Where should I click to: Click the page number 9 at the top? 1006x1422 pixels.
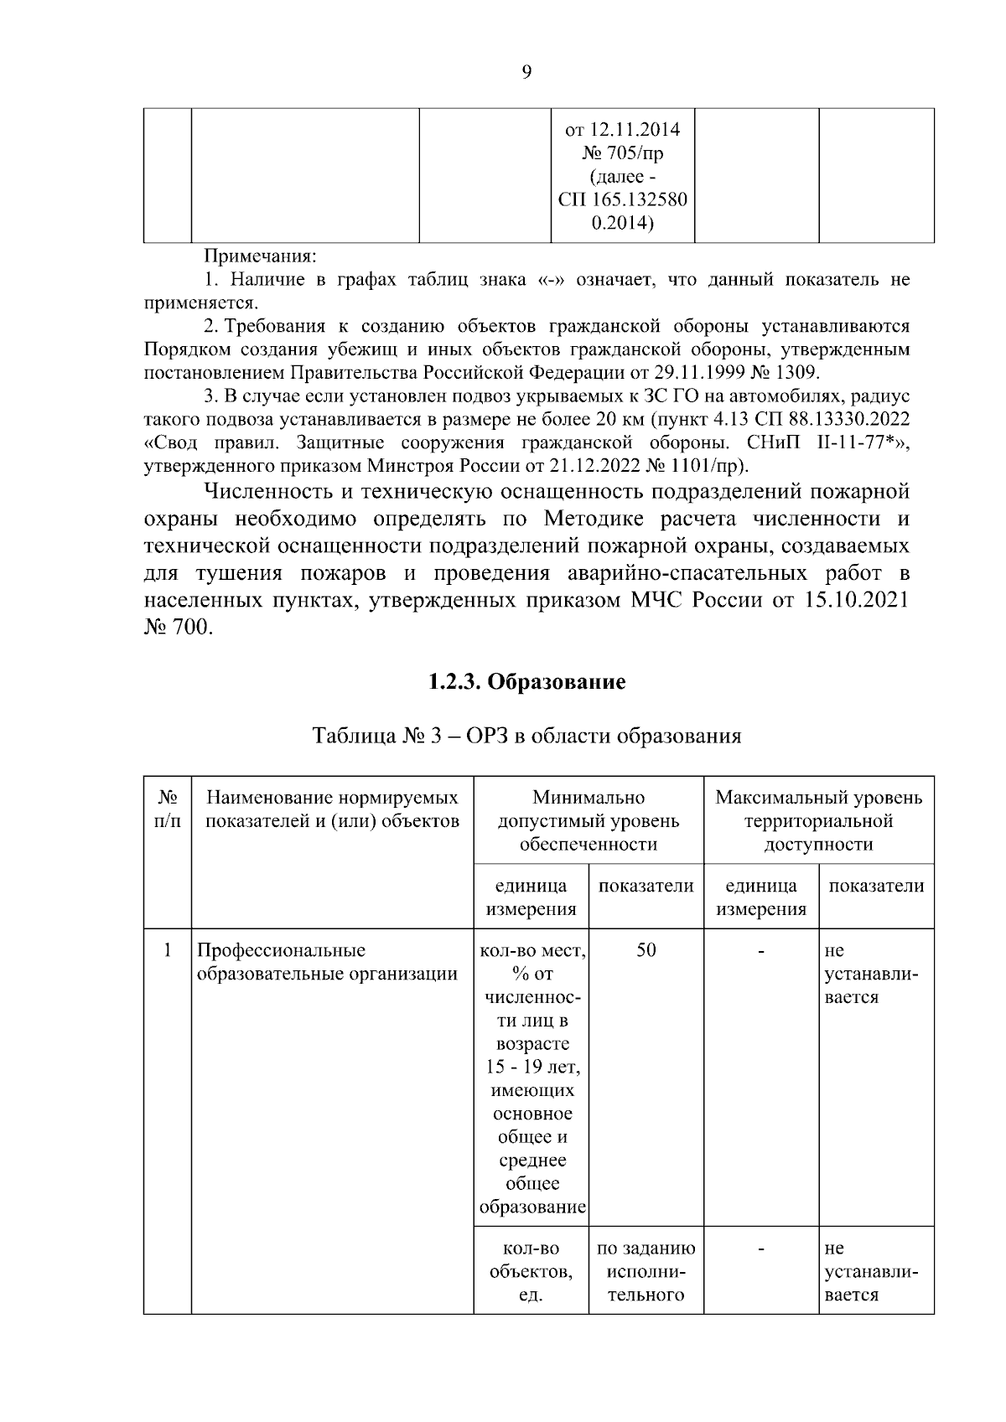click(x=526, y=72)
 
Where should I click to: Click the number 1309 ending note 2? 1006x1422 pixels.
click(x=799, y=372)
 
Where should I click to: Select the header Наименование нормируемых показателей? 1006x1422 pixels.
click(x=333, y=809)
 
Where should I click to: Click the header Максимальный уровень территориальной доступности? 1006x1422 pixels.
click(x=818, y=820)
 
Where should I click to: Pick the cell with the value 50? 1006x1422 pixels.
click(x=646, y=950)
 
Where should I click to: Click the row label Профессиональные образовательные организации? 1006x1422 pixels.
click(x=327, y=962)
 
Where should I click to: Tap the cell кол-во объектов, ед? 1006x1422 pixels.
click(x=532, y=1271)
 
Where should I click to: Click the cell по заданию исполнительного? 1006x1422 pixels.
click(x=646, y=1271)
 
